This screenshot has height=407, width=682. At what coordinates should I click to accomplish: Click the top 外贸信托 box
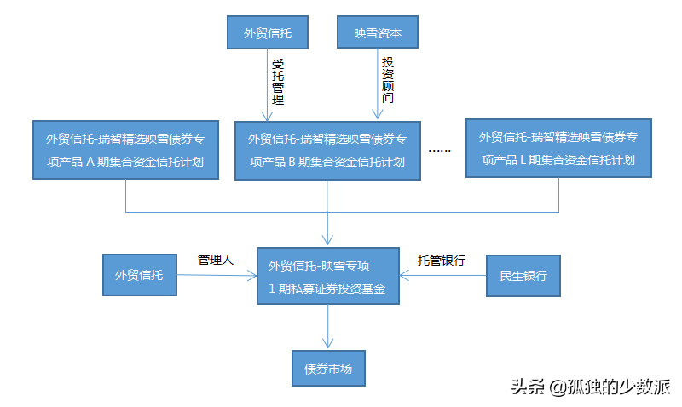pyautogui.click(x=267, y=34)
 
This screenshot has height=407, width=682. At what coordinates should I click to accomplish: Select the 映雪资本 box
pyautogui.click(x=377, y=34)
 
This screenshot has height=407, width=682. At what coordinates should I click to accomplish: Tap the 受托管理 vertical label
pyautogui.click(x=277, y=82)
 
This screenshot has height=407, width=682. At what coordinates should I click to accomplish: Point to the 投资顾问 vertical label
pyautogui.click(x=388, y=81)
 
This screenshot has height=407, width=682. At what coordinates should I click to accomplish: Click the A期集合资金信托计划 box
pyautogui.click(x=124, y=149)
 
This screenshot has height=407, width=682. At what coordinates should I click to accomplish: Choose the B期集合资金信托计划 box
pyautogui.click(x=327, y=150)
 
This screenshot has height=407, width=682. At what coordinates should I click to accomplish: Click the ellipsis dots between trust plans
pyautogui.click(x=439, y=150)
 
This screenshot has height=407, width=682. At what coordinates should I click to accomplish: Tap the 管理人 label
pyautogui.click(x=215, y=260)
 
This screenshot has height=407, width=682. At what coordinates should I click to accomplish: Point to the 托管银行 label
pyautogui.click(x=441, y=261)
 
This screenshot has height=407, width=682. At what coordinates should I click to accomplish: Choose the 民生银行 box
pyautogui.click(x=523, y=275)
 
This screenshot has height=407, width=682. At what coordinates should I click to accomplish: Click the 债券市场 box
pyautogui.click(x=328, y=369)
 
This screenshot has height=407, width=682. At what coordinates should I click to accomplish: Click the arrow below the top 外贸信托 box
pyautogui.click(x=267, y=85)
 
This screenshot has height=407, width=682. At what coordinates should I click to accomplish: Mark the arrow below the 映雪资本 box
pyautogui.click(x=377, y=85)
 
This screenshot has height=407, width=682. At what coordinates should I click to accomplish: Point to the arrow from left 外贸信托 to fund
pyautogui.click(x=217, y=275)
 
